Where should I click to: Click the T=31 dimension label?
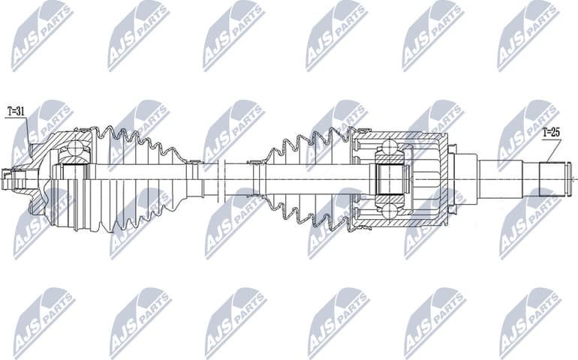tap(16, 112)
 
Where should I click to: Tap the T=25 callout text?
tap(551, 133)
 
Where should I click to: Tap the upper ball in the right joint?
tap(390, 148)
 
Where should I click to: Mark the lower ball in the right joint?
tap(390, 211)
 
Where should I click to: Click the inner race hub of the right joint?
tap(390, 180)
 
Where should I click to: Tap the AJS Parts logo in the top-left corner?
tap(41, 34)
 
